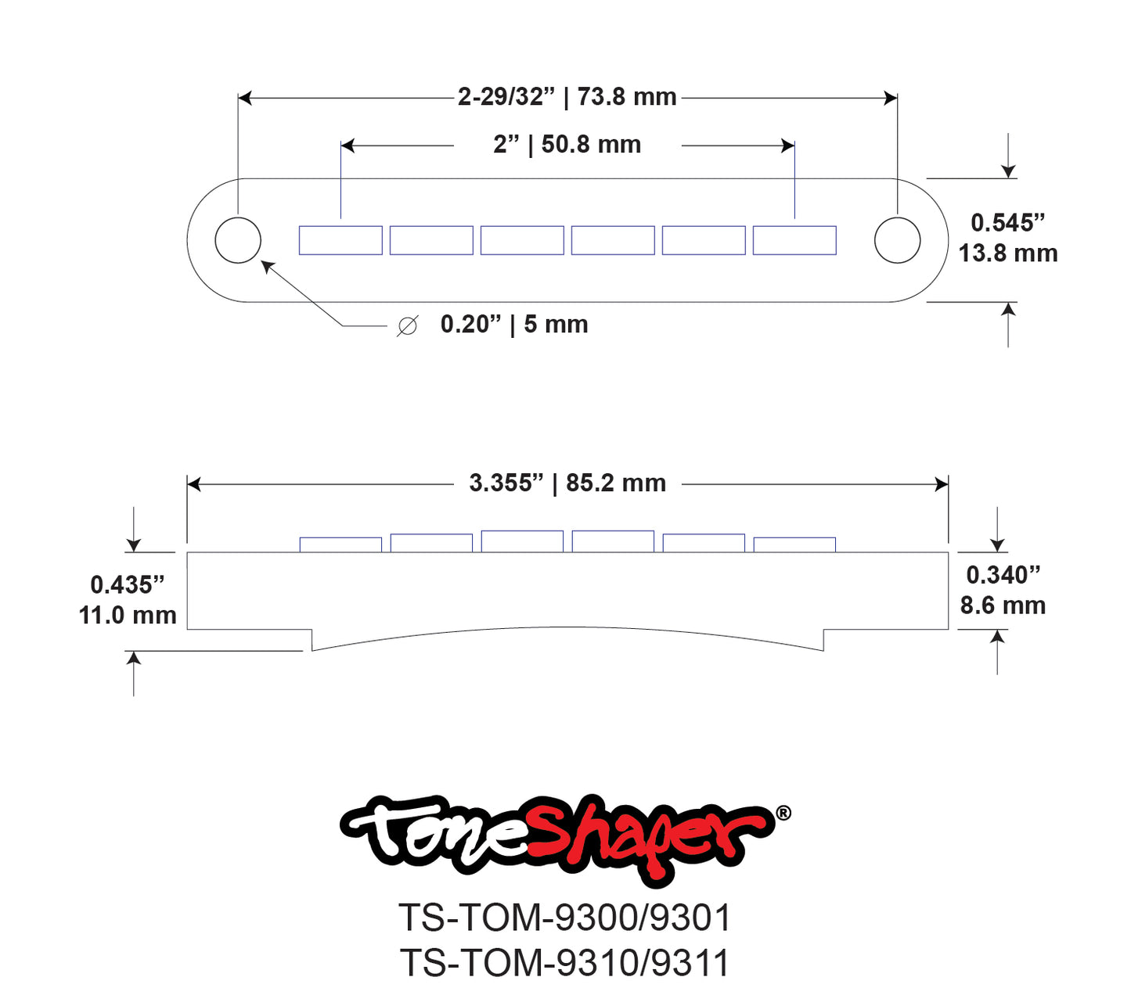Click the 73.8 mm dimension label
click(x=626, y=97)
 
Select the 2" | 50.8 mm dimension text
click(x=567, y=145)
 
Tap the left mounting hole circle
click(x=238, y=240)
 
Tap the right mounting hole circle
click(x=897, y=240)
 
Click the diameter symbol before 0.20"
click(x=407, y=325)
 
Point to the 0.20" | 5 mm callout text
click(x=513, y=325)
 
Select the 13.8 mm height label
click(x=1008, y=253)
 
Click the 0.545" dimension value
click(x=1007, y=223)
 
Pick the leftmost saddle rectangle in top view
click(x=340, y=240)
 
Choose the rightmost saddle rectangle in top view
click(x=794, y=240)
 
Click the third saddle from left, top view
click(x=522, y=240)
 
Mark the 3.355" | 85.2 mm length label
click(x=567, y=483)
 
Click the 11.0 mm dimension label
click(x=128, y=616)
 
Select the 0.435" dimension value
click(x=128, y=585)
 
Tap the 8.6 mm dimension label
click(x=1003, y=605)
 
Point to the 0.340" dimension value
click(x=1003, y=575)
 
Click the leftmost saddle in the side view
click(x=340, y=544)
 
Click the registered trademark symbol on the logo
click(x=783, y=814)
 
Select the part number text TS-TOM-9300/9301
click(x=565, y=918)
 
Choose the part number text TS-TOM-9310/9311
click(x=565, y=963)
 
